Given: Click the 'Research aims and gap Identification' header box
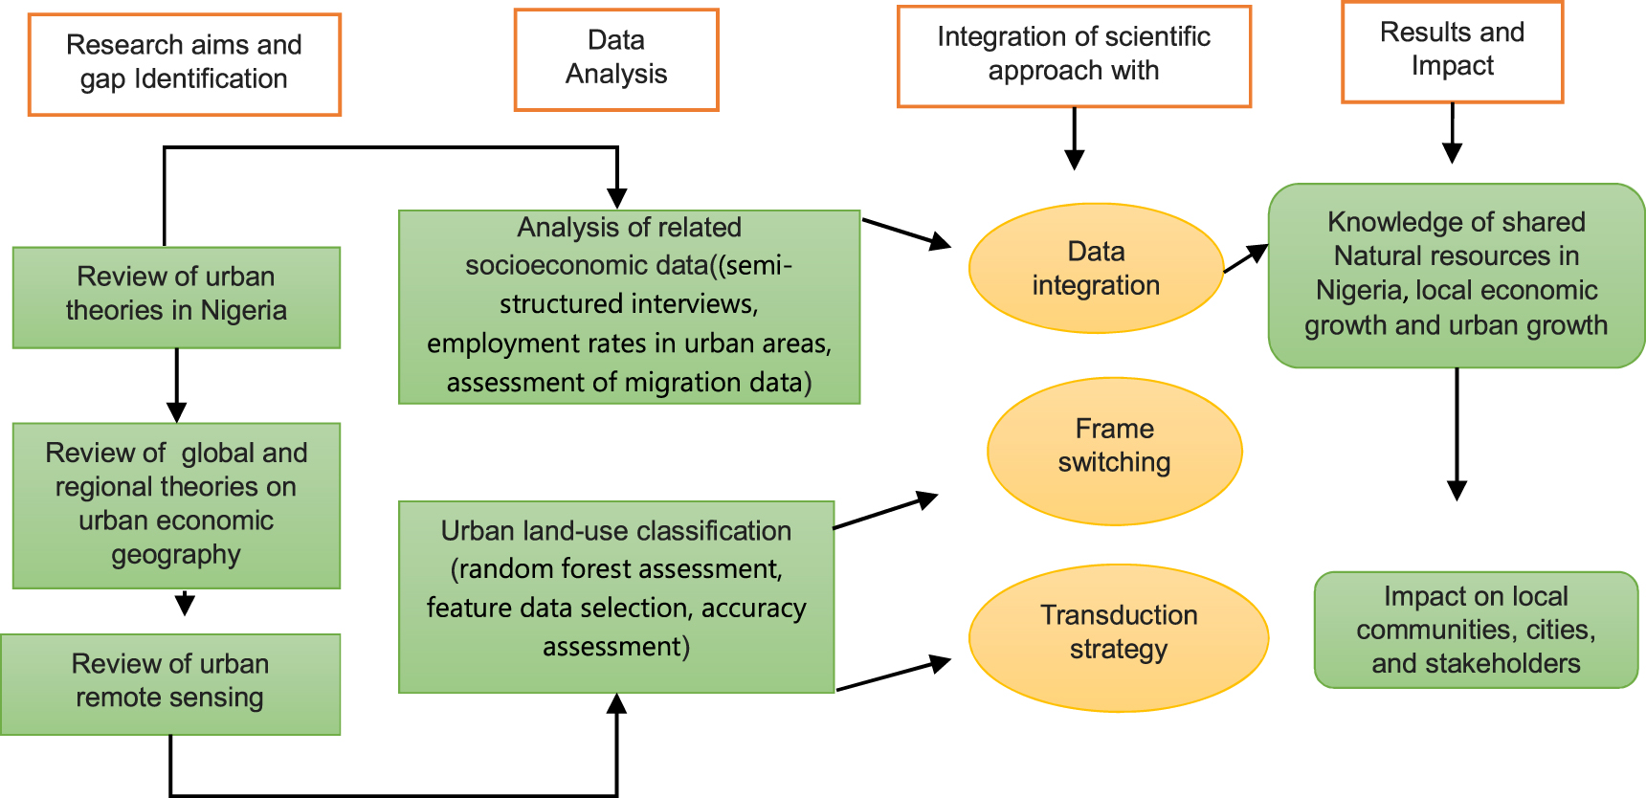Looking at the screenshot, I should tap(185, 64).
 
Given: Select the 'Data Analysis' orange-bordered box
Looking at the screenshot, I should tap(616, 59).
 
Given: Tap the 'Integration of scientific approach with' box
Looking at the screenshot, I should tap(1074, 55).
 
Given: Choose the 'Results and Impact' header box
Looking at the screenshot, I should tap(1452, 52).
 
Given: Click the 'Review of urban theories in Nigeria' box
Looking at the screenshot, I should tap(176, 297).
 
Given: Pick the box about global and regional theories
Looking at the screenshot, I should tap(176, 504).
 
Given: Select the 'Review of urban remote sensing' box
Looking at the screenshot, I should tap(170, 683).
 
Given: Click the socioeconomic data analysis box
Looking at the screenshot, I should tap(629, 306).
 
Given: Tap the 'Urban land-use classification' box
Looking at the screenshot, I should tap(616, 595).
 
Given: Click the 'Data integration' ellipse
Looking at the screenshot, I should tap(1096, 268).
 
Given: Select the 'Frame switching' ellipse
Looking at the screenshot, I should tap(1114, 450).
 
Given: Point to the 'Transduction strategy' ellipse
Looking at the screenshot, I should tap(1118, 636).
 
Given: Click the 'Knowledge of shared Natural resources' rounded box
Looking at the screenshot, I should tap(1456, 275).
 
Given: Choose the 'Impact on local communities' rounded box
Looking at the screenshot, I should tap(1476, 629).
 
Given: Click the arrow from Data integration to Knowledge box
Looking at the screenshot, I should tap(1246, 258).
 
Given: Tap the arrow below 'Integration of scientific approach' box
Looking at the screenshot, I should tap(1075, 138).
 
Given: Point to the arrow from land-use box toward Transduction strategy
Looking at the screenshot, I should tap(893, 674).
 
